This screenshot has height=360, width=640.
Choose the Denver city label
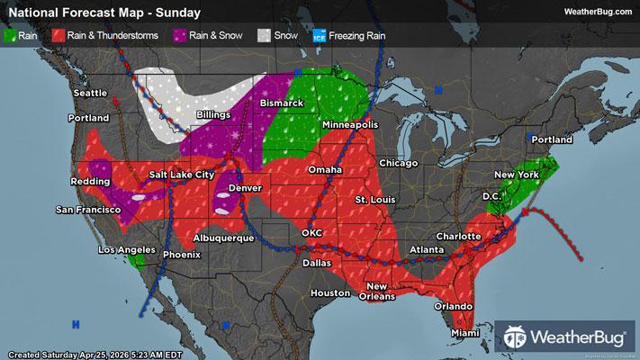(245, 187)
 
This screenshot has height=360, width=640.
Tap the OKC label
(311, 233)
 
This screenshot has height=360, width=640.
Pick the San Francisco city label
(87, 210)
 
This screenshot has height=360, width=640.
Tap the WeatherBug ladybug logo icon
(518, 338)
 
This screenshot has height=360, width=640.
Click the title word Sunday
(179, 13)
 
